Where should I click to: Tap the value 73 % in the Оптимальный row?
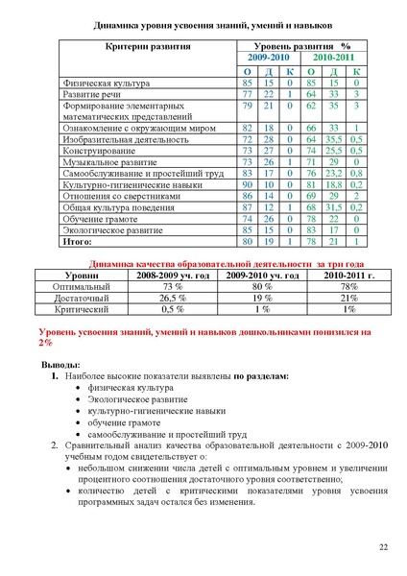174,286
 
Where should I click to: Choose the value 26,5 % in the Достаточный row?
174,298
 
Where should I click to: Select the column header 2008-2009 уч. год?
174,275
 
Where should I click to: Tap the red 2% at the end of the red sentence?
45,342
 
